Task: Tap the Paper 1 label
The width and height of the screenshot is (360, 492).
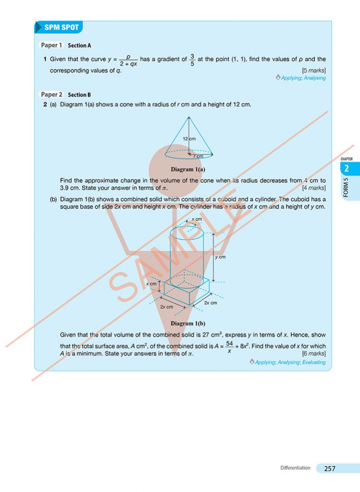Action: [x=51, y=45]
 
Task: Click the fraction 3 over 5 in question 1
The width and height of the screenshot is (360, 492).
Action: [x=192, y=60]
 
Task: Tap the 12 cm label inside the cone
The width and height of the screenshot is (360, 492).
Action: [x=189, y=138]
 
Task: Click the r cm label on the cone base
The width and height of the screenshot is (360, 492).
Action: [x=198, y=156]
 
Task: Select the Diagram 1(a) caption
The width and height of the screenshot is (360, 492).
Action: [x=188, y=169]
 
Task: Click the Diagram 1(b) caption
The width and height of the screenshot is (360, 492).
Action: [x=188, y=323]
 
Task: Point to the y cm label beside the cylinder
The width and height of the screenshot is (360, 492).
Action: [x=220, y=257]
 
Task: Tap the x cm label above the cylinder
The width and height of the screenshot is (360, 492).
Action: [x=197, y=219]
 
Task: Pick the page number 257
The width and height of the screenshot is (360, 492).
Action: [x=330, y=468]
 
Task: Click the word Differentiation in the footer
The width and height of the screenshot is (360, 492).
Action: [x=295, y=468]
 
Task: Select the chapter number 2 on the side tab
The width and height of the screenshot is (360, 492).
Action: [x=347, y=169]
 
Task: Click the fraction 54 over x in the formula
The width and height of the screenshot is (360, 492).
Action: [x=229, y=346]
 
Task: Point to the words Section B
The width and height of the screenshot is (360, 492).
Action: [x=79, y=95]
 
